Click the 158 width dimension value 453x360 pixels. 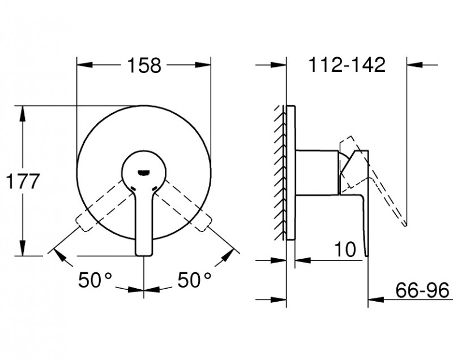[x=143, y=66]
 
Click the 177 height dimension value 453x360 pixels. [x=22, y=182]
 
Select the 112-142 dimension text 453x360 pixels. [x=347, y=65]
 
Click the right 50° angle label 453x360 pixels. [x=194, y=280]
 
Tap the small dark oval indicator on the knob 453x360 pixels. [x=144, y=169]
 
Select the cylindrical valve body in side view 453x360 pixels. [x=317, y=173]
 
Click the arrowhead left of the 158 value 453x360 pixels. [x=83, y=66]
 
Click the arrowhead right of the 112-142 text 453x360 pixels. [x=413, y=66]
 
